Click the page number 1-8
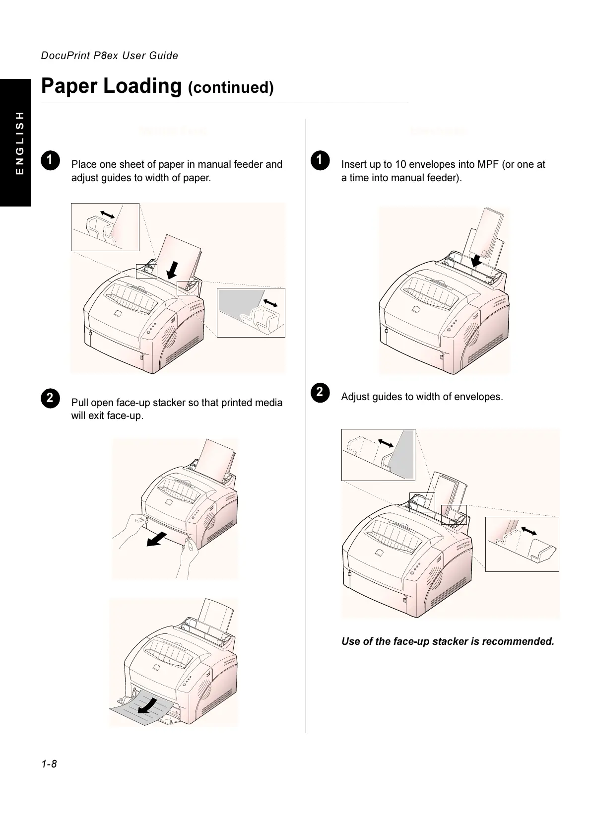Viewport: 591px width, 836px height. point(49,764)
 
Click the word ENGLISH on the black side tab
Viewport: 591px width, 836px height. point(19,142)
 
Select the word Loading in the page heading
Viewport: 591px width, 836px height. point(143,86)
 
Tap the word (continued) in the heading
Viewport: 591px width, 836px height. point(231,88)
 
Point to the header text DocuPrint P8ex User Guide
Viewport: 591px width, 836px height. point(109,56)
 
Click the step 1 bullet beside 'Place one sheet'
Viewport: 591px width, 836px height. point(50,159)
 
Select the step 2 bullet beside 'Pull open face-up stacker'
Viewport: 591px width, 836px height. point(50,398)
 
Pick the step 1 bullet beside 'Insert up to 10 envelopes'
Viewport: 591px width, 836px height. point(320,159)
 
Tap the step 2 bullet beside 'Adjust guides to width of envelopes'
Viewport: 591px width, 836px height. point(320,392)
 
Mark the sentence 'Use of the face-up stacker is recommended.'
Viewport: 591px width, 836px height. point(448,641)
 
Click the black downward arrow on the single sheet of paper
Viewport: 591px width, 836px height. point(172,270)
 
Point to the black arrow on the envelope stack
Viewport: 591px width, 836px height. point(476,260)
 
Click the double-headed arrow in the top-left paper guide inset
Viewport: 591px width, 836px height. point(107,214)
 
